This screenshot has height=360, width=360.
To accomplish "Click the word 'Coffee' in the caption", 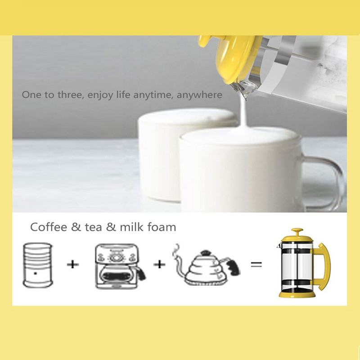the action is (49, 227).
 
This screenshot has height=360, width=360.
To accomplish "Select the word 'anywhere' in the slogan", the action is (199, 95).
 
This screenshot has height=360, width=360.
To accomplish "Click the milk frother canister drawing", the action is (38, 265).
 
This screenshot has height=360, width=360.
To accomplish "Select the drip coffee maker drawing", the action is (120, 266).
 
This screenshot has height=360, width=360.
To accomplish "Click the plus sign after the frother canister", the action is (73, 265).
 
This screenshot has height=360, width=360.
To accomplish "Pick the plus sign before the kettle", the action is (159, 265).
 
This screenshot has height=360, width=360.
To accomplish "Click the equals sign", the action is (256, 265).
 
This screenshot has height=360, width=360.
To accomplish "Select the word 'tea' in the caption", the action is (94, 227).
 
